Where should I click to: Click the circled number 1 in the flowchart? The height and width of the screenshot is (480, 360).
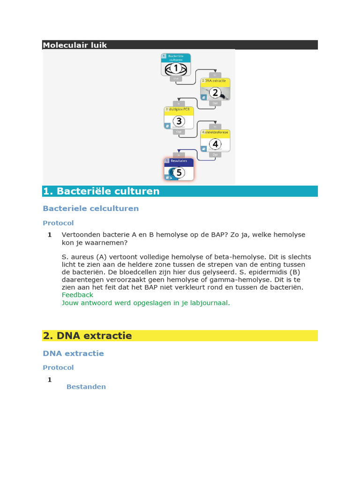(176, 68)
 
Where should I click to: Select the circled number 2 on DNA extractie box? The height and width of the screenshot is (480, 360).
(215, 93)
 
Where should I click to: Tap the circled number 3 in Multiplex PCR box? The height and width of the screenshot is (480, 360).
(178, 121)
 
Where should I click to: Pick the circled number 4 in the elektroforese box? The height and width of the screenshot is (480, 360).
(215, 144)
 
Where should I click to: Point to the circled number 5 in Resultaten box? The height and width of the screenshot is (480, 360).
(178, 172)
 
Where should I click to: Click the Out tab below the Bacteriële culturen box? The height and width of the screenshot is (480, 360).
(176, 79)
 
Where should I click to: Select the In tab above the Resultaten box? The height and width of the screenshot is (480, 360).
(178, 154)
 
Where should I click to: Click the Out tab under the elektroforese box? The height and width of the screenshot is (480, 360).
(215, 154)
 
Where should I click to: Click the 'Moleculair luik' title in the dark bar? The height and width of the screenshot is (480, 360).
(75, 45)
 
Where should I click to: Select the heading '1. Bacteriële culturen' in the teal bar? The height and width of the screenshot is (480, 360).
(101, 191)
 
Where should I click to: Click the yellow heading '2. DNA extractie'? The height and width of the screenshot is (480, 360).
(87, 336)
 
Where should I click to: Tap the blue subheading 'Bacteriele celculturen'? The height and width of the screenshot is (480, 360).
(90, 208)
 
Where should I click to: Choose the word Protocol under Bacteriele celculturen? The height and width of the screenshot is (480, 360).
(58, 223)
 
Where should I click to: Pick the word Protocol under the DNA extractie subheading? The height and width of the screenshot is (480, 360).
(58, 367)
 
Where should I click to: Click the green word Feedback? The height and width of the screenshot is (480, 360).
(77, 295)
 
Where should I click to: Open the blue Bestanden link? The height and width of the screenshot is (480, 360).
(86, 387)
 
